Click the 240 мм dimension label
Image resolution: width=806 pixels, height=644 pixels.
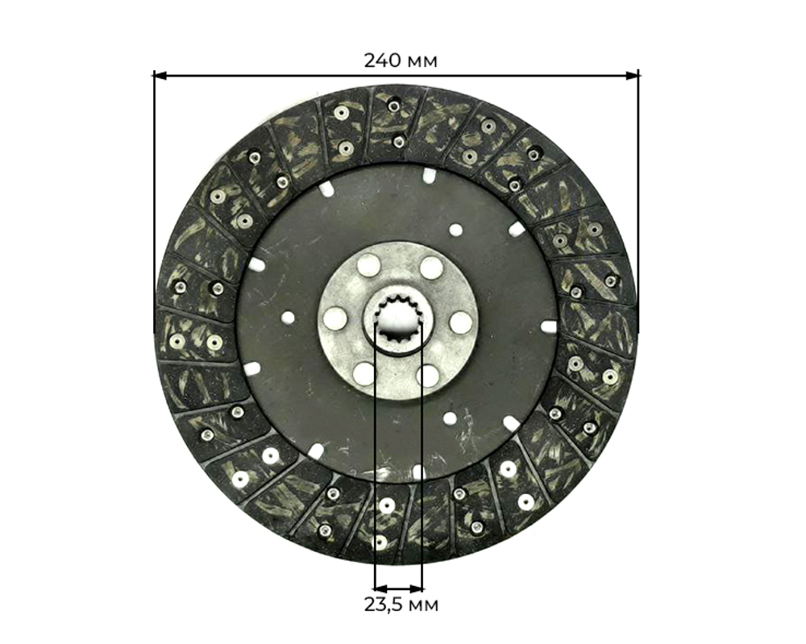click(401, 60)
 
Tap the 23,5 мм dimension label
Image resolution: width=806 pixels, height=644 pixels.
click(401, 605)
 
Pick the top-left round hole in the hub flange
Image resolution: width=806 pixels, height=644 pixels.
click(368, 265)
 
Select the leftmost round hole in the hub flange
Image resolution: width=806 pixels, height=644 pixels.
click(335, 319)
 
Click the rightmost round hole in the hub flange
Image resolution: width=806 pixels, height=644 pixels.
click(460, 322)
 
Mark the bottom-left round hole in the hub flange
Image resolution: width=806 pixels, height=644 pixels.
click(364, 373)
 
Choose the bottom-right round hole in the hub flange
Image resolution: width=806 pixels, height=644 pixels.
click(428, 375)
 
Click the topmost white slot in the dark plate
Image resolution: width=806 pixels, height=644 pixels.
click(429, 176)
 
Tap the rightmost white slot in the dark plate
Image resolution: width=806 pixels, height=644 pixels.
click(548, 326)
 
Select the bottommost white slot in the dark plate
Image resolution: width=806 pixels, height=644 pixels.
click(418, 472)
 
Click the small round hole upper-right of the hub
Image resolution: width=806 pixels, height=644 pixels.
click(455, 230)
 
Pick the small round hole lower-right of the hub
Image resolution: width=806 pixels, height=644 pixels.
click(449, 418)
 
